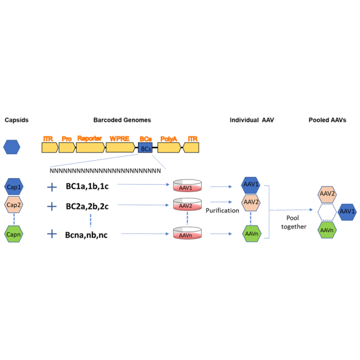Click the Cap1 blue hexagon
coord(13,187)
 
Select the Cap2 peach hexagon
coord(13,205)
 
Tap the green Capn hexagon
coord(13,234)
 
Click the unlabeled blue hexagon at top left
coord(11,146)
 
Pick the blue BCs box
coord(146,148)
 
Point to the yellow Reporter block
coord(90,147)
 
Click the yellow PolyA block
coord(169,147)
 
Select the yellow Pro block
coord(67,147)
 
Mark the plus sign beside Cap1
coord(52,187)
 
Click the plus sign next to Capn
coord(52,234)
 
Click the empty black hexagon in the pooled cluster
coord(327,212)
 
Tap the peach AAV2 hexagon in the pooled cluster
coord(327,194)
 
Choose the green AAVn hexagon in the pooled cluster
coord(327,230)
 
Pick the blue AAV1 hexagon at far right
coord(347,212)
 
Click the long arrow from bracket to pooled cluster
coord(292,210)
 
